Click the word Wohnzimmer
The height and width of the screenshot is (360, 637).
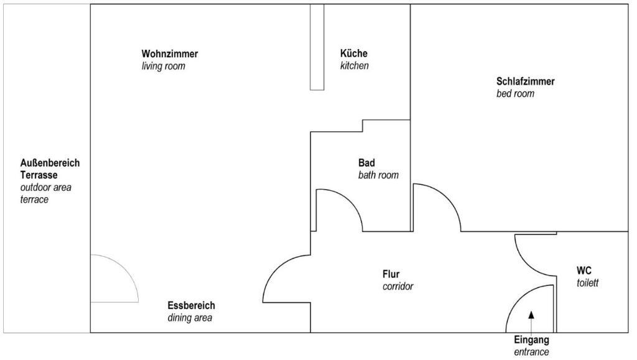(170, 53)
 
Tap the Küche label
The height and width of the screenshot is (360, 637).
(354, 53)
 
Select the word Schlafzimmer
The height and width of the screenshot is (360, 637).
(525, 81)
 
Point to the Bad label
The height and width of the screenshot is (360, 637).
(366, 163)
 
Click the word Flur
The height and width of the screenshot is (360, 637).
(391, 274)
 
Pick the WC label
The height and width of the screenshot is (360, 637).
(584, 270)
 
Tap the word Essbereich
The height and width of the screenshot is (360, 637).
(192, 305)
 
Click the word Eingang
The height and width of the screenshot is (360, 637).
(531, 339)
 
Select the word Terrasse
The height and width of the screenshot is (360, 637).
(39, 175)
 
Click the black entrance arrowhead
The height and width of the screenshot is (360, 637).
(531, 315)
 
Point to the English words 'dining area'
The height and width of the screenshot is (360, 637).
(190, 317)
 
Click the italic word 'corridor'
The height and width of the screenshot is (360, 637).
(398, 286)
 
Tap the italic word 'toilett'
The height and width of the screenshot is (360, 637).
(587, 282)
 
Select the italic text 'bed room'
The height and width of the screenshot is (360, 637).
(515, 93)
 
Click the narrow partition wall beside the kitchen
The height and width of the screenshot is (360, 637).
(317, 47)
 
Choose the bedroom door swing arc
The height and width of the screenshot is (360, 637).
(447, 198)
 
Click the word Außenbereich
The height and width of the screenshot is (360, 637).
(50, 163)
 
